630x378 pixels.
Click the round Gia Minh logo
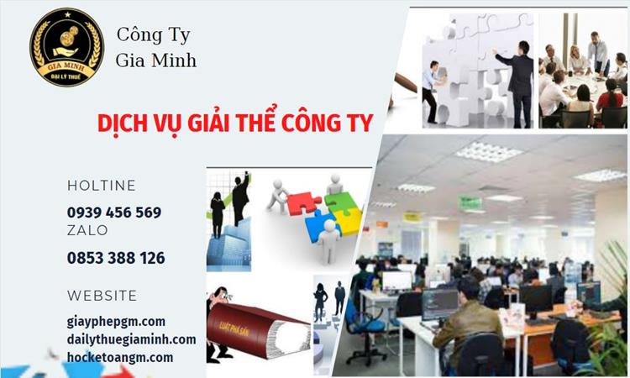[66, 47]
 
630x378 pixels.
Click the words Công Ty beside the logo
[153, 35]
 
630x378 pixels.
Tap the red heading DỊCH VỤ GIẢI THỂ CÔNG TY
[235, 123]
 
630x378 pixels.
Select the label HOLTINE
[101, 186]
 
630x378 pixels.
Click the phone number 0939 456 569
[114, 213]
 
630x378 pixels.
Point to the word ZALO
[87, 230]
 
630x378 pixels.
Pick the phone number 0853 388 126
[116, 258]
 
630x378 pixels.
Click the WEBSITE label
[102, 296]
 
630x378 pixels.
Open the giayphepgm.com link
[116, 321]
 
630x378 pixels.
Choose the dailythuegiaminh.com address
[131, 339]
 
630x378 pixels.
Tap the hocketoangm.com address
[120, 357]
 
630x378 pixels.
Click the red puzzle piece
[302, 202]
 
